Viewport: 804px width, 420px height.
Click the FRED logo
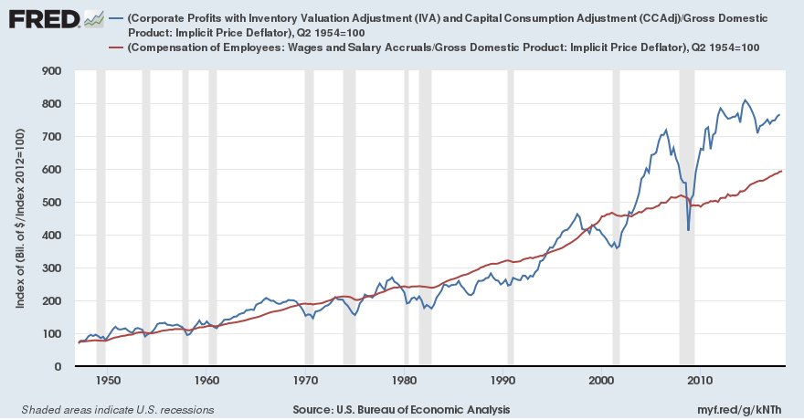point(41,18)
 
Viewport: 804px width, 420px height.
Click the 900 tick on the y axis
point(50,70)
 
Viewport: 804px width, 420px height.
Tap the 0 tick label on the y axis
point(57,366)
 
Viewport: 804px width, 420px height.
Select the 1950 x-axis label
point(108,380)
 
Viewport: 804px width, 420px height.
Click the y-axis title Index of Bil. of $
point(19,218)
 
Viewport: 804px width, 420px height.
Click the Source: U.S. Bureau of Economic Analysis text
point(402,409)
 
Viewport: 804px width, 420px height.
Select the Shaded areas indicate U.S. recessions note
point(117,409)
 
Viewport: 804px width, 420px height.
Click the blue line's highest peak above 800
point(746,100)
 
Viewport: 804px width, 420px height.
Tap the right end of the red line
point(782,172)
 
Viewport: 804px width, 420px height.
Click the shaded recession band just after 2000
point(616,219)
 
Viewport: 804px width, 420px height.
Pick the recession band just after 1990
point(511,219)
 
